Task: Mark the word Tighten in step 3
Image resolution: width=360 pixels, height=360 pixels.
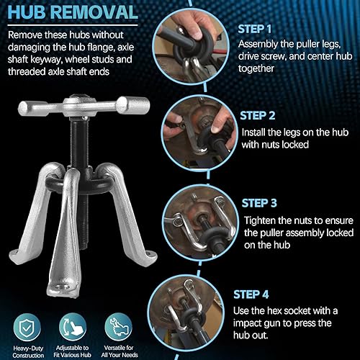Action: click(x=264, y=219)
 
